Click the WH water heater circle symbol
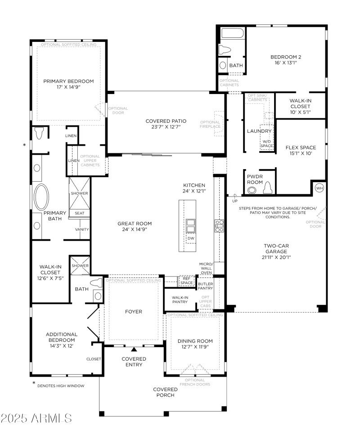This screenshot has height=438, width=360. tap(319, 188)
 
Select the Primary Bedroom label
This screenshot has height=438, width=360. tap(68, 81)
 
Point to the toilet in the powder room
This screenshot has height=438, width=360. tap(269, 188)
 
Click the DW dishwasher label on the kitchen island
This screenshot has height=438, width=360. tap(191, 238)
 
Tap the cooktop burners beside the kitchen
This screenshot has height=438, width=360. tap(220, 226)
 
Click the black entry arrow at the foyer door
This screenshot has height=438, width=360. tap(134, 349)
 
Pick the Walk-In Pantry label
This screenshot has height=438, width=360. tap(180, 299)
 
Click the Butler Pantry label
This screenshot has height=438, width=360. tap(205, 286)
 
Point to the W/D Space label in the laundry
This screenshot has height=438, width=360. tap(267, 143)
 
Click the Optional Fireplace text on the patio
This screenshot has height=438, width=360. tap(210, 124)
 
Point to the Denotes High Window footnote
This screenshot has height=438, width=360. tap(60, 385)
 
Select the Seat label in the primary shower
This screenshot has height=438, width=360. tap(79, 213)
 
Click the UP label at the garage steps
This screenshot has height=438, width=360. tap(234, 201)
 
